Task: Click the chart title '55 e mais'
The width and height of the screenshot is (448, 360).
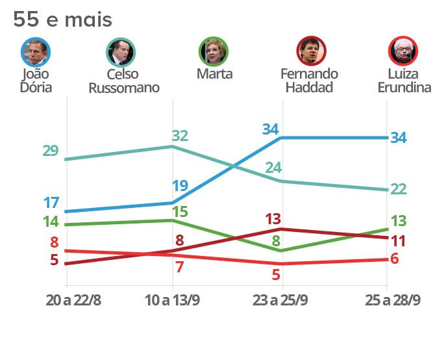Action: [62, 19]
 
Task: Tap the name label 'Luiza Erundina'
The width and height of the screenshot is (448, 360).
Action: [404, 81]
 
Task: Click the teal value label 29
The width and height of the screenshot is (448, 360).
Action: [51, 151]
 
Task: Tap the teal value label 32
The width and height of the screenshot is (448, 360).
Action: [180, 136]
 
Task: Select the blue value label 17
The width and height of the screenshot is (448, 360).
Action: [51, 202]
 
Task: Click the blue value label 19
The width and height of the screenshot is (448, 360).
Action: [180, 186]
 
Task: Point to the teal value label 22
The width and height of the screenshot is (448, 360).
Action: [398, 189]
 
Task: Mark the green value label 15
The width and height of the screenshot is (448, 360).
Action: [180, 212]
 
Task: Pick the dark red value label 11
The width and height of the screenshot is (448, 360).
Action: [398, 241]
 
